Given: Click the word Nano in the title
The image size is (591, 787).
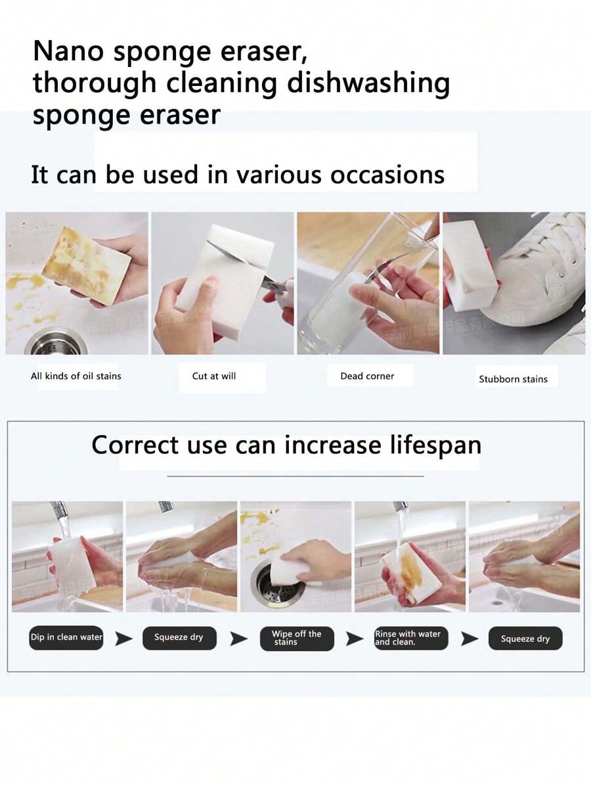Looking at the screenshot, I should click(69, 51).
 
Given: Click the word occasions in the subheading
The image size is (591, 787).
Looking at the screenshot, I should click(387, 175).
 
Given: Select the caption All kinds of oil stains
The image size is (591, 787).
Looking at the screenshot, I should click(76, 376).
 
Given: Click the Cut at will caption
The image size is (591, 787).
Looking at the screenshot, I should click(214, 376).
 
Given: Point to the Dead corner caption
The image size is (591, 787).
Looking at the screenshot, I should click(367, 376).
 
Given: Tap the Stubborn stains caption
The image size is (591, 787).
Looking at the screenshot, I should click(513, 379).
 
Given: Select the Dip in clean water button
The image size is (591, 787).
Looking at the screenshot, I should click(66, 638).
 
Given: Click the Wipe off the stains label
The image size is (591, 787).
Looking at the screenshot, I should click(296, 638).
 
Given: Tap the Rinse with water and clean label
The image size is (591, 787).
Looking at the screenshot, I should click(408, 638).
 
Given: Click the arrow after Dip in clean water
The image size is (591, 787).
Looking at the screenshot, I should click(123, 639).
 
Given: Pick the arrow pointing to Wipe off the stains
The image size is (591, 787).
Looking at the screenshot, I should click(239, 639).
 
